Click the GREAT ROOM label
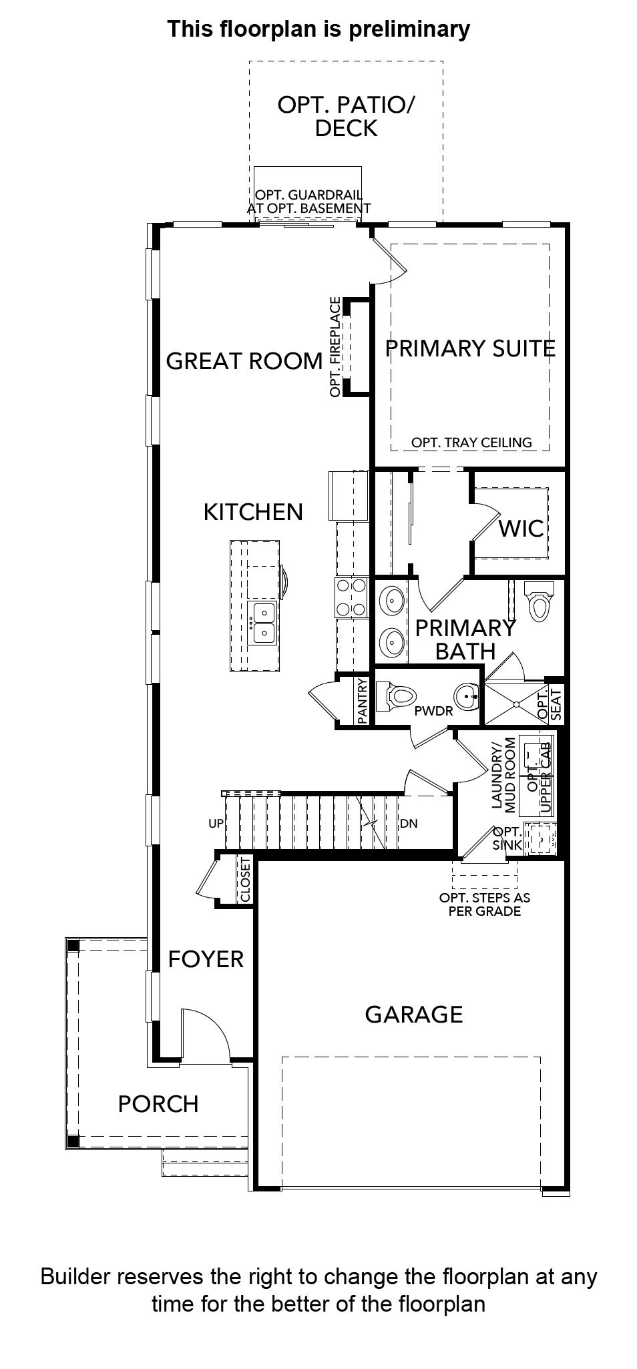point(244,361)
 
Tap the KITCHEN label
point(253,512)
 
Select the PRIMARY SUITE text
point(471,348)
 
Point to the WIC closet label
point(521,529)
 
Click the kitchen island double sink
point(262,622)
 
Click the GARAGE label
point(414,1015)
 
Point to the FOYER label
point(206,959)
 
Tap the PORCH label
point(158,1104)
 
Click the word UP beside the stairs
point(216,824)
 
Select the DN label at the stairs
point(409,824)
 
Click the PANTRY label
point(363,702)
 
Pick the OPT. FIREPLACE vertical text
point(335,347)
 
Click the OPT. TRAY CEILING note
point(471,443)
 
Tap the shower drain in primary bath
point(515,704)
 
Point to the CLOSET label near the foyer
point(245,880)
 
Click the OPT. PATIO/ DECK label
point(346,116)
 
